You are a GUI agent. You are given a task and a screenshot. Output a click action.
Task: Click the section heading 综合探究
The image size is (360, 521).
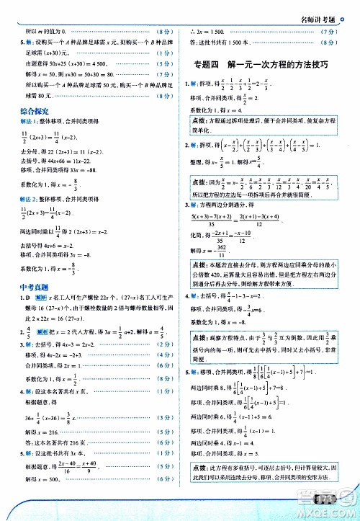35,112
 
